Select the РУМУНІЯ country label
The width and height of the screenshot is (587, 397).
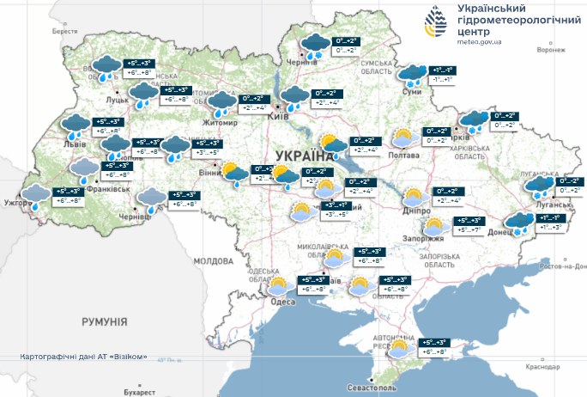(104, 321)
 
